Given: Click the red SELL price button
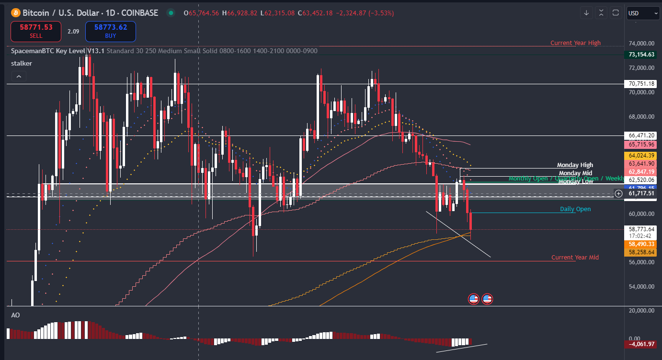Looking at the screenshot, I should pyautogui.click(x=36, y=31).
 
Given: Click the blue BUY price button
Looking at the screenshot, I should pyautogui.click(x=111, y=31).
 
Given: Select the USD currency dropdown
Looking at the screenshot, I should pyautogui.click(x=643, y=13).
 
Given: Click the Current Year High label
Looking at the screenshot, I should pyautogui.click(x=575, y=43).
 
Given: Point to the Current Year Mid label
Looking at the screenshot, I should pyautogui.click(x=575, y=258).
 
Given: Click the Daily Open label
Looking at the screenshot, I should pyautogui.click(x=575, y=209).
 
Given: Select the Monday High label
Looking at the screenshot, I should pyautogui.click(x=575, y=165).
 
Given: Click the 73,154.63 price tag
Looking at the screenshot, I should pyautogui.click(x=641, y=55).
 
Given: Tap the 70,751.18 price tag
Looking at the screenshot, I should pyautogui.click(x=641, y=84).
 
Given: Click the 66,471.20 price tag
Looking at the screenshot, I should pyautogui.click(x=641, y=135).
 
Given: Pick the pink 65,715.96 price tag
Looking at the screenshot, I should pyautogui.click(x=641, y=144).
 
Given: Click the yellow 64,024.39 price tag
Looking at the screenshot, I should pyautogui.click(x=641, y=156).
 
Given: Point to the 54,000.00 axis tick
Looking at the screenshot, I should pyautogui.click(x=641, y=287).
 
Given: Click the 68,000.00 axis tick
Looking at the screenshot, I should pyautogui.click(x=641, y=117).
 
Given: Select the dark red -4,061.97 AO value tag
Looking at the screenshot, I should pyautogui.click(x=641, y=344).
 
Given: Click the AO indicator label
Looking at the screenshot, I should pyautogui.click(x=15, y=315).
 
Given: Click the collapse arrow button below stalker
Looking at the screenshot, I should pyautogui.click(x=19, y=76).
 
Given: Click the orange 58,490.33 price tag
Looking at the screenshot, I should pyautogui.click(x=641, y=244).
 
